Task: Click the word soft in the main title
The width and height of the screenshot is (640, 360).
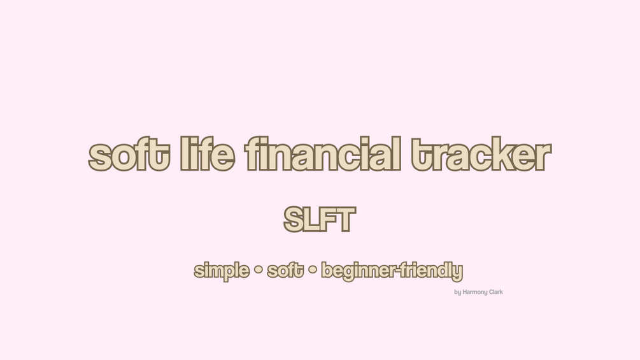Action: (x=129, y=154)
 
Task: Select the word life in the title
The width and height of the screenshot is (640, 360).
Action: (x=208, y=154)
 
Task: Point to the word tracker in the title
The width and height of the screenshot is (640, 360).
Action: (x=481, y=154)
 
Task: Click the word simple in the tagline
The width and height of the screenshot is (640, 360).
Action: (x=222, y=271)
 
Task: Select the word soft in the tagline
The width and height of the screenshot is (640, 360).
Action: (x=285, y=270)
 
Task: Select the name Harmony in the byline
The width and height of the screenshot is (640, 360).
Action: (x=475, y=292)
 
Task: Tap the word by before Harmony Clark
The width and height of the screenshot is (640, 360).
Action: (x=457, y=292)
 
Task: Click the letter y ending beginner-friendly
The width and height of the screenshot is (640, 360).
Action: (x=458, y=273)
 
